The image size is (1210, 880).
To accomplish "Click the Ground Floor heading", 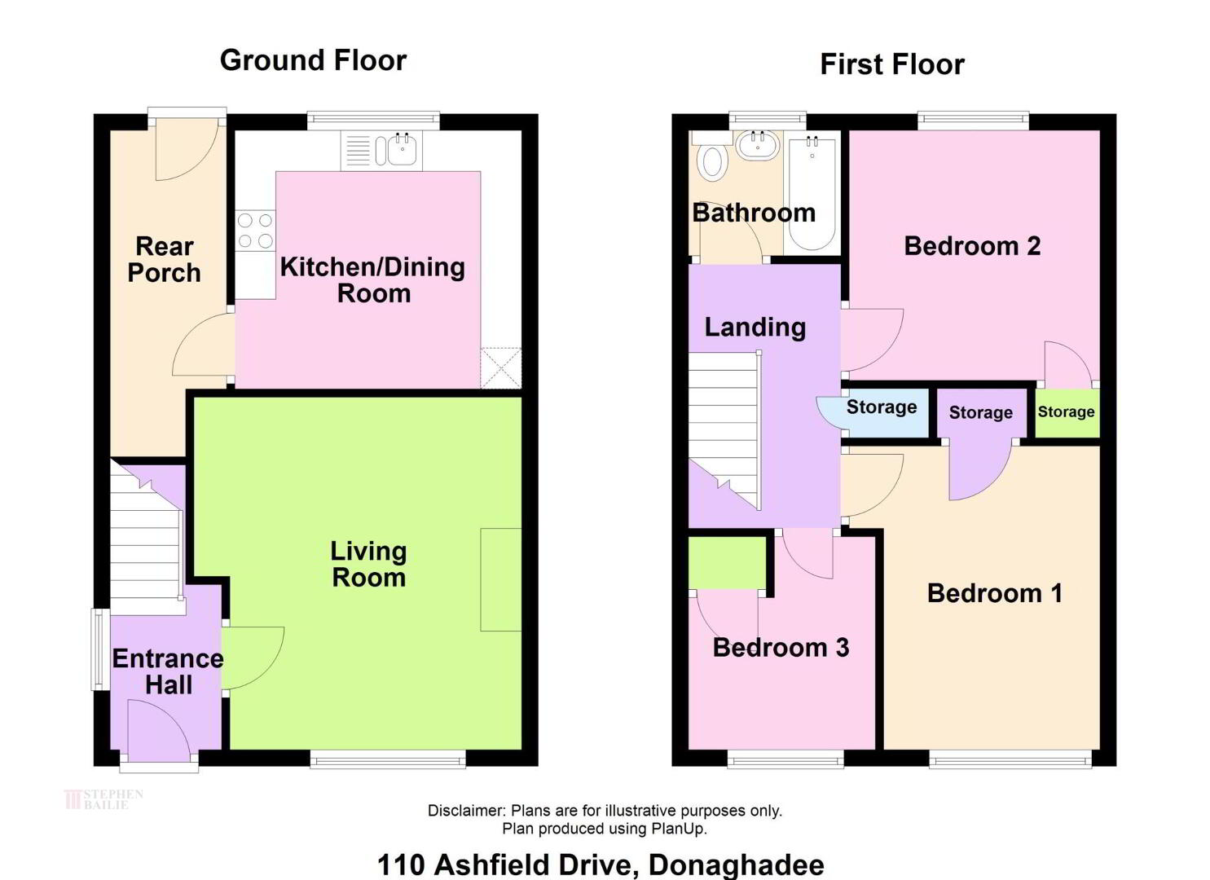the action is pos(313,60).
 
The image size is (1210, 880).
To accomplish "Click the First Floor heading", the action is pos(892,64).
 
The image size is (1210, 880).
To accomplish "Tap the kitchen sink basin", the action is pos(403,150).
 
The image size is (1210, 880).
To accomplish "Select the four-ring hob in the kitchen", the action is pos(256,230).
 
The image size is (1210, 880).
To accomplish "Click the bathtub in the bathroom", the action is pos(812,192).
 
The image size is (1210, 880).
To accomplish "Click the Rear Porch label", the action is pos(165,259).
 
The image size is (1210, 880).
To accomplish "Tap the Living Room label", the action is pos(368,564).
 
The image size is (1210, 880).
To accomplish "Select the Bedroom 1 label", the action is pos(995,593).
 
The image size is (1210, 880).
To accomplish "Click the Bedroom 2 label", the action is pos(972,246).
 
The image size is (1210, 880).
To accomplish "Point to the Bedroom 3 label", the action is pos(781,647).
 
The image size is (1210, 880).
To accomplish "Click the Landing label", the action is pos(755,327).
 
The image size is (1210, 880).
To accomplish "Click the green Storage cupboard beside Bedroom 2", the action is pos(1067,413).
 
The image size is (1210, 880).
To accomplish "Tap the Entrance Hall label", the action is pos(168,672).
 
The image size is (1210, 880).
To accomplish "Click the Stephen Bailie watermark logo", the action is pos(103,799).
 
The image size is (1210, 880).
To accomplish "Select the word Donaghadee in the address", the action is pos(737,865).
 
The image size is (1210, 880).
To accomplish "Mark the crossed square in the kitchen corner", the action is pos(501,367).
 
